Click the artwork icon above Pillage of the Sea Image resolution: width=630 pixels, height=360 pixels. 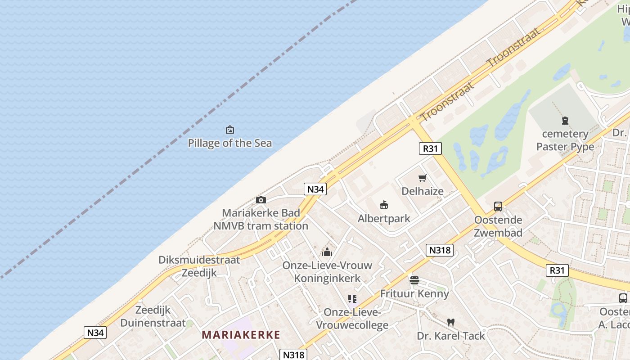(x=230, y=130)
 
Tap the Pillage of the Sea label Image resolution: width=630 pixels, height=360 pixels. (x=230, y=143)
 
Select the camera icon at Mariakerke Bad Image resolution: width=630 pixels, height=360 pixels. (x=261, y=200)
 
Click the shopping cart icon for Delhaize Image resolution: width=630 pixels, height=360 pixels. (x=422, y=178)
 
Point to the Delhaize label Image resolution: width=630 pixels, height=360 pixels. (x=422, y=191)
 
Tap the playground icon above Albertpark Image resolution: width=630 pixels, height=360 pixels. (x=384, y=206)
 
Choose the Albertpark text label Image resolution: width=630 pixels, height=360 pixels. (x=384, y=219)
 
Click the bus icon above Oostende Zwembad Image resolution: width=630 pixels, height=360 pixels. (x=498, y=207)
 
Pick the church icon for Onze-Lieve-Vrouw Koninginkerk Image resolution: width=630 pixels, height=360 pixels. (x=327, y=252)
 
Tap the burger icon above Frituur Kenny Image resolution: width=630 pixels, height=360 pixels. (x=414, y=280)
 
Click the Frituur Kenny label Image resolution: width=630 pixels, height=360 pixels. (x=414, y=293)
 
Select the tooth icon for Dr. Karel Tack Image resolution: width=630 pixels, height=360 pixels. (x=451, y=323)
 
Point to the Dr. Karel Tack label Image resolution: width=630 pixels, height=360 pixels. (x=451, y=336)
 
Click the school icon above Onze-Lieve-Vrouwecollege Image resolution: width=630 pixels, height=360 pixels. (x=352, y=299)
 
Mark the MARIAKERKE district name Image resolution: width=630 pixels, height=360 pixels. (x=241, y=335)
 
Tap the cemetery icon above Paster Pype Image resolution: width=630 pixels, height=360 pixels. (x=565, y=121)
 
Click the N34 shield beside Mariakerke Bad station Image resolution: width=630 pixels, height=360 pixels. (x=315, y=189)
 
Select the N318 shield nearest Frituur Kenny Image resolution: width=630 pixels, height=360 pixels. (x=439, y=250)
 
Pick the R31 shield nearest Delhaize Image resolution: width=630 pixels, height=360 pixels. (x=430, y=148)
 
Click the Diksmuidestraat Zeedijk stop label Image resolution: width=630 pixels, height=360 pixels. (x=199, y=266)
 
